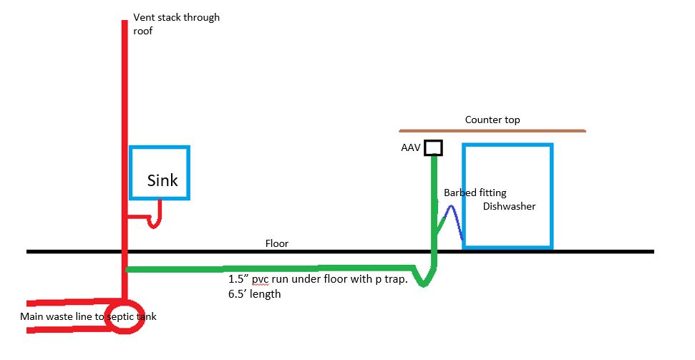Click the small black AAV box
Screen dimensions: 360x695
pyautogui.click(x=433, y=147)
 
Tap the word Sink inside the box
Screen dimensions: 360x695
pyautogui.click(x=162, y=180)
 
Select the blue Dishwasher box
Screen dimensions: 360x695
pyautogui.click(x=507, y=195)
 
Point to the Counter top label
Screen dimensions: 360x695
pyautogui.click(x=492, y=120)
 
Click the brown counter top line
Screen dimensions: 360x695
pyautogui.click(x=492, y=131)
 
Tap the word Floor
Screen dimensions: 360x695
pyautogui.click(x=277, y=244)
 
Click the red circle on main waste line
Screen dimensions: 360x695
pyautogui.click(x=125, y=320)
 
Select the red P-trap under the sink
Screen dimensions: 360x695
pyautogui.click(x=154, y=220)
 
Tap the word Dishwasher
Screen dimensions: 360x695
pyautogui.click(x=509, y=206)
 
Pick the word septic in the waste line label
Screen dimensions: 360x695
pyautogui.click(x=120, y=316)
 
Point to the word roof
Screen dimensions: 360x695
pyautogui.click(x=143, y=31)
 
